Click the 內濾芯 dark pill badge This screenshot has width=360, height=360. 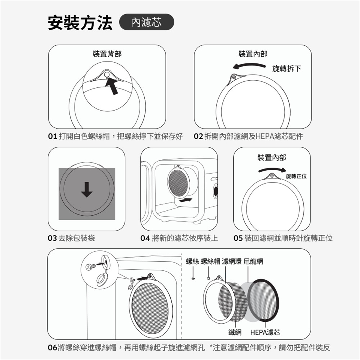coord(147,22)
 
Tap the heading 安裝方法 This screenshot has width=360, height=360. coord(80,22)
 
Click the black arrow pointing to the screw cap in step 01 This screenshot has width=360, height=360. coord(112,86)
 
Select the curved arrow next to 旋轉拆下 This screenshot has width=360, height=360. coord(249,66)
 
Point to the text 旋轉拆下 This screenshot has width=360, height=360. coord(286,68)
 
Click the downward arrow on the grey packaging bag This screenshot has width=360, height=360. coord(87,190)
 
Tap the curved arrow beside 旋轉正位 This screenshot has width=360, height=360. coord(272,170)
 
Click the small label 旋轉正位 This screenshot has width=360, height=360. coord(296,176)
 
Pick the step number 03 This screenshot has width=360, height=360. coord(52,238)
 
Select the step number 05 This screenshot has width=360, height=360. coord(238,238)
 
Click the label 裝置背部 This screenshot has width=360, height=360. coord(107,54)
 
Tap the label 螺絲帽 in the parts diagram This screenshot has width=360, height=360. coord(210,261)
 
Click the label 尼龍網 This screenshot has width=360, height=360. coord(253,261)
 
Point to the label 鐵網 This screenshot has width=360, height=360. coord(235,332)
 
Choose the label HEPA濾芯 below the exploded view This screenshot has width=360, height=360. coord(265,332)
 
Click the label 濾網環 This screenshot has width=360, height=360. coord(232,261)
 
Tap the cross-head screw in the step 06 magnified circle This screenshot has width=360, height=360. coord(90,267)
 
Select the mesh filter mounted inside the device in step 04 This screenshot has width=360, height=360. coord(178,181)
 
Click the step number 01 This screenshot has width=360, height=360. coord(52,136)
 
